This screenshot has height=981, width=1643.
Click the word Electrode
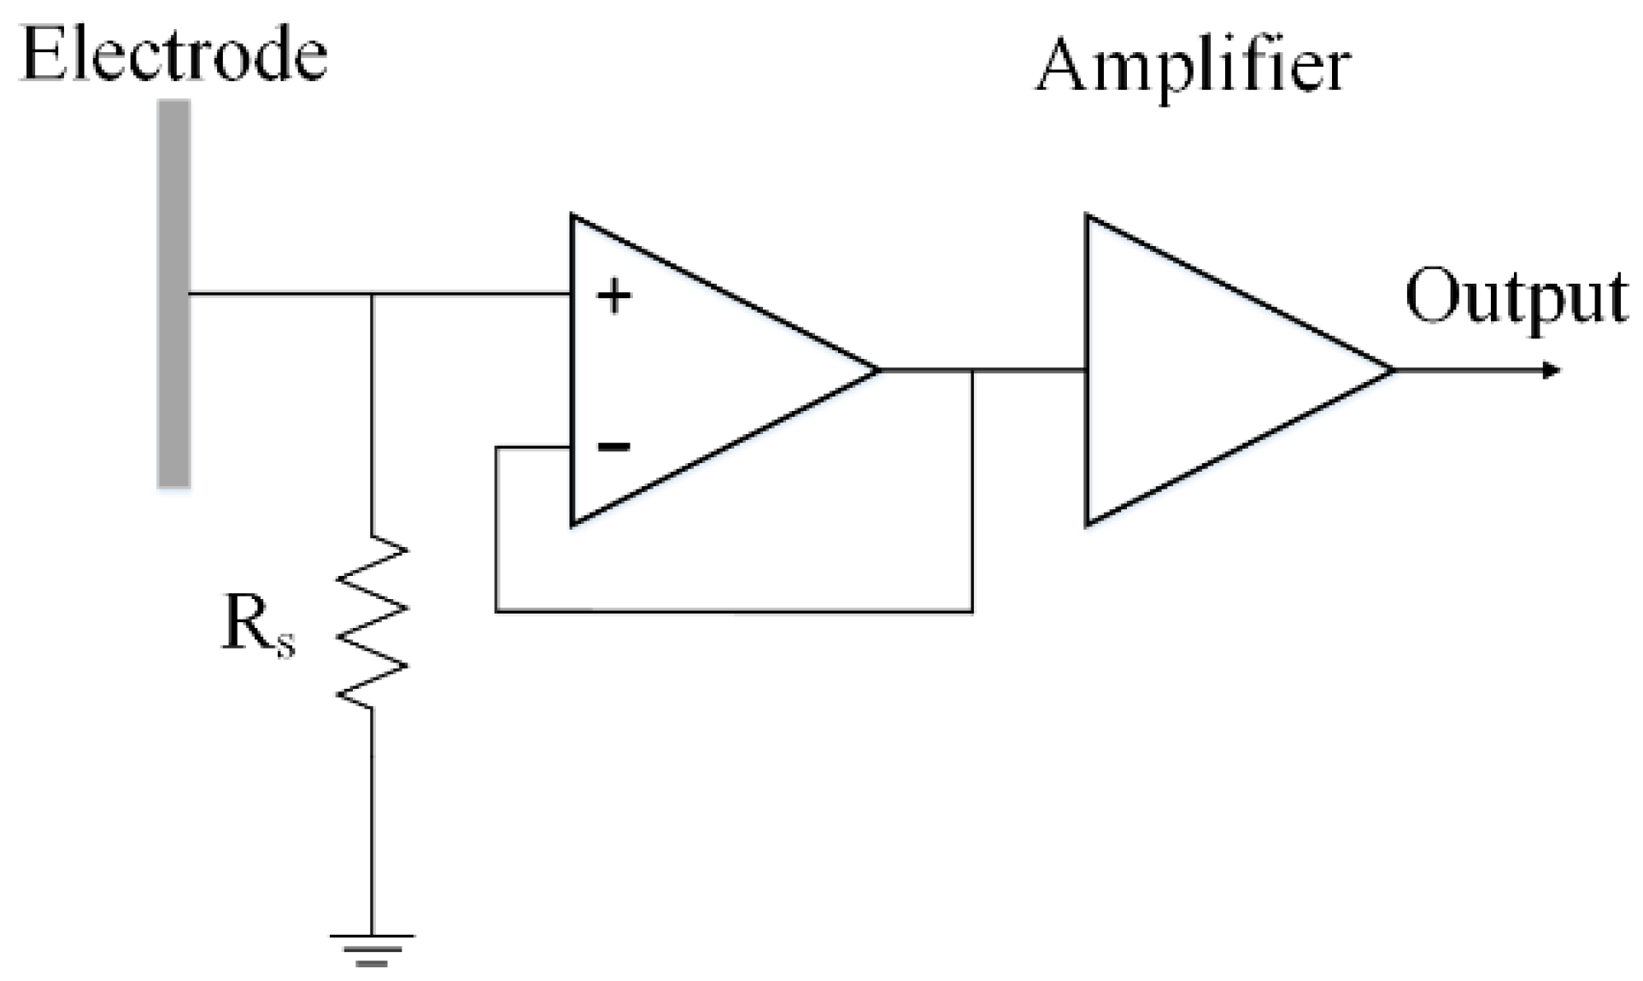(173, 56)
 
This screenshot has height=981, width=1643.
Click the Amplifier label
(1192, 67)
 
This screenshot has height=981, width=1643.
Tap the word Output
(1516, 297)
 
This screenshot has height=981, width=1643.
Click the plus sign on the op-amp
(613, 297)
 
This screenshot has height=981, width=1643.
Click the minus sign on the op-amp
(613, 446)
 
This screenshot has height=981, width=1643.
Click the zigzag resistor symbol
(373, 622)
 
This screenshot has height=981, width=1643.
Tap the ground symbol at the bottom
(373, 949)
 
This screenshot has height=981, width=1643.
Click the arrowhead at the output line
(1551, 371)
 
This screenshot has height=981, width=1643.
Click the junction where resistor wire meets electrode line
(373, 294)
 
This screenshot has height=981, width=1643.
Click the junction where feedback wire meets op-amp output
(972, 371)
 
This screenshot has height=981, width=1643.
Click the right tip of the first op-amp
(877, 370)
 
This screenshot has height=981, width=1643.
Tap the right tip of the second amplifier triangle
(1392, 370)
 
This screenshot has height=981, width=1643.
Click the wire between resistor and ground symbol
(373, 820)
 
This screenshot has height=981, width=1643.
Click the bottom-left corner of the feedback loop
(496, 611)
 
